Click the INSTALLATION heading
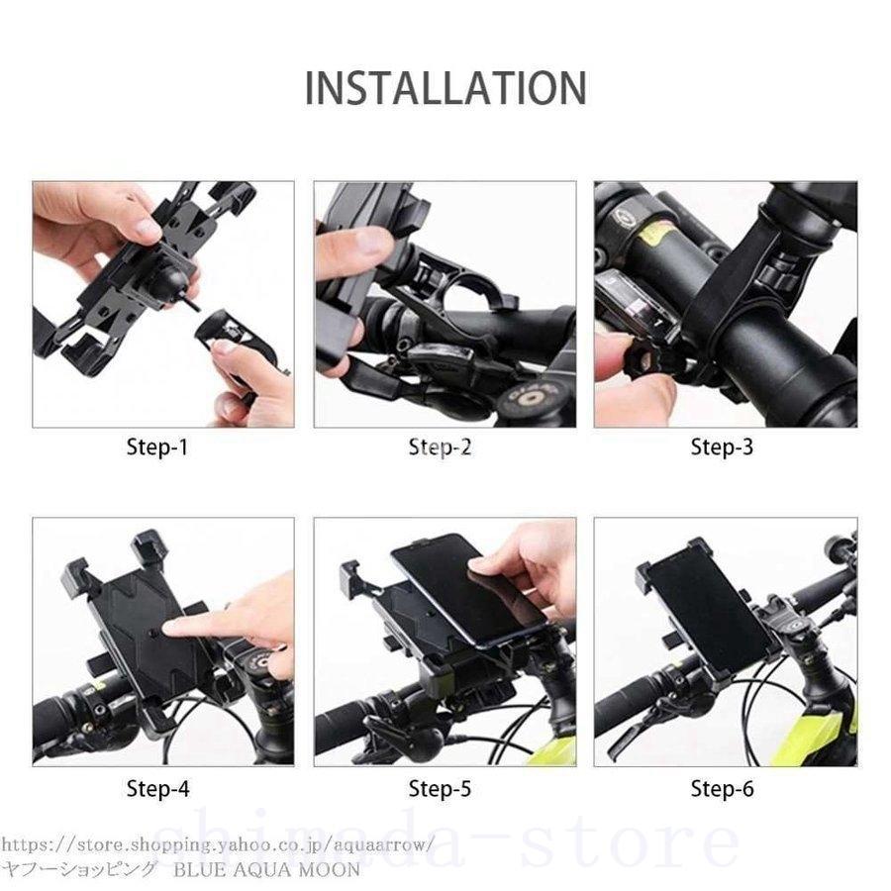[x=445, y=87]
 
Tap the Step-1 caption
[x=157, y=447]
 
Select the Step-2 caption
[x=440, y=447]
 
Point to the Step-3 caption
[x=722, y=447]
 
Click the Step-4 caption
[x=157, y=789]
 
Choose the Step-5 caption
[x=440, y=789]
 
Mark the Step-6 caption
[x=722, y=789]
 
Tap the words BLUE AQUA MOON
[x=267, y=870]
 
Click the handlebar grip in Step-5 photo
[x=342, y=733]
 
